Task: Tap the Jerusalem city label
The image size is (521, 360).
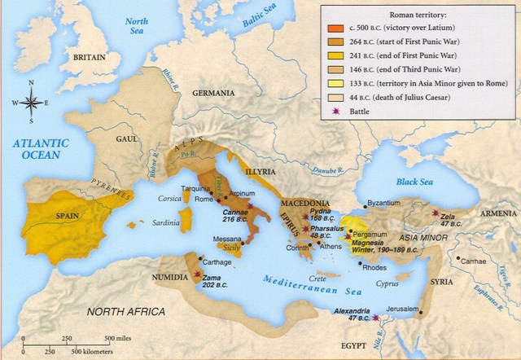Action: [x=404, y=310]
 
